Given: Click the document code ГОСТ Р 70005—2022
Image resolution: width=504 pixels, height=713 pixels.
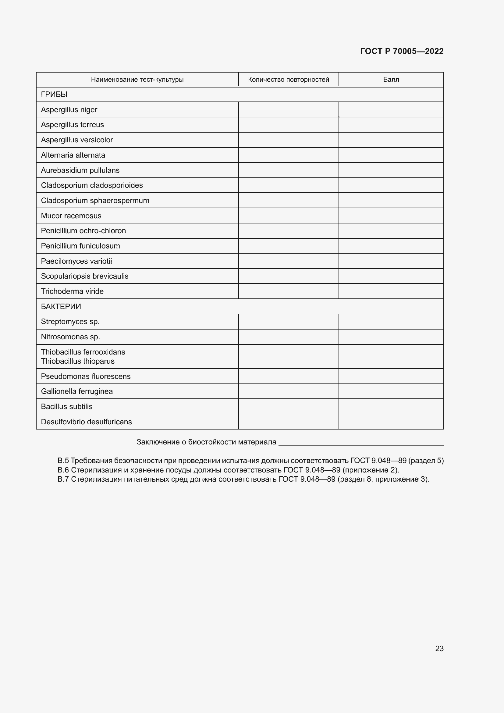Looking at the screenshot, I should (402, 51).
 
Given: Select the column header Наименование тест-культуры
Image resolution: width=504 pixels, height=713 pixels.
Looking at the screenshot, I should (137, 80).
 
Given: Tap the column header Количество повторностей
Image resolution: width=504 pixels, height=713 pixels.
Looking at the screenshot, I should (288, 80).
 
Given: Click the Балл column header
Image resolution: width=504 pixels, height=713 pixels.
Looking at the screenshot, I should (391, 80).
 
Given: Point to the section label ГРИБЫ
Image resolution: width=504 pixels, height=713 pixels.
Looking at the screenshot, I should (54, 94).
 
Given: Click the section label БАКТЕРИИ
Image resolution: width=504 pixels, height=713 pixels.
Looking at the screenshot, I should (61, 306).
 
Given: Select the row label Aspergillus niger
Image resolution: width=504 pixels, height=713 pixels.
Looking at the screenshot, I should (69, 110).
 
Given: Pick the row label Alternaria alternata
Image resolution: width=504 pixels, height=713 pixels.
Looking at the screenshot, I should (73, 155).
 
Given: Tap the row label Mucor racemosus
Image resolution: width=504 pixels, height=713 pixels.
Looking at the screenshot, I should (71, 216).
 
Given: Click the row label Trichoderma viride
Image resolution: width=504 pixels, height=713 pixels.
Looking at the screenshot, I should (72, 291).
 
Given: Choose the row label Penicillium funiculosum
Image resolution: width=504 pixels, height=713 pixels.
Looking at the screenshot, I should (80, 246).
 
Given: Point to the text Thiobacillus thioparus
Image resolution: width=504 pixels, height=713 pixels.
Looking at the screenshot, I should (78, 361).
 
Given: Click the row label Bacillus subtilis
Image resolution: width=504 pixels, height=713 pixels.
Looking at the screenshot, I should (67, 407).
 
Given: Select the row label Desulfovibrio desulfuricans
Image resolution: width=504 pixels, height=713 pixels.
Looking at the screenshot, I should (86, 422).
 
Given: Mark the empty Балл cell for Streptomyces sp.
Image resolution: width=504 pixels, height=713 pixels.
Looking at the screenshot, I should (391, 322).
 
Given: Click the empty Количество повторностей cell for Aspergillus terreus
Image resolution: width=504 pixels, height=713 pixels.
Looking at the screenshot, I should (288, 125).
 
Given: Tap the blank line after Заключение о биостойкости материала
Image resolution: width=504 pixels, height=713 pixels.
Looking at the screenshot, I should (361, 442).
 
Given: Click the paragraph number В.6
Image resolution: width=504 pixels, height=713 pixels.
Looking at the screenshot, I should (63, 470).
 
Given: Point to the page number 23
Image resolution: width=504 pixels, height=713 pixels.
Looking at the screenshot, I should (439, 648).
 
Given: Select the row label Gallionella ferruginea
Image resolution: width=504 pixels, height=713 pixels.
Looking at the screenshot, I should (77, 391).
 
